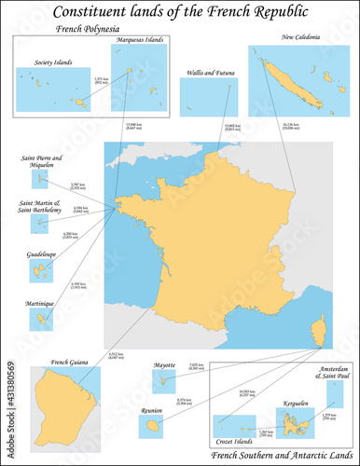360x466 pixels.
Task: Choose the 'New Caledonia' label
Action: point(300,37)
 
